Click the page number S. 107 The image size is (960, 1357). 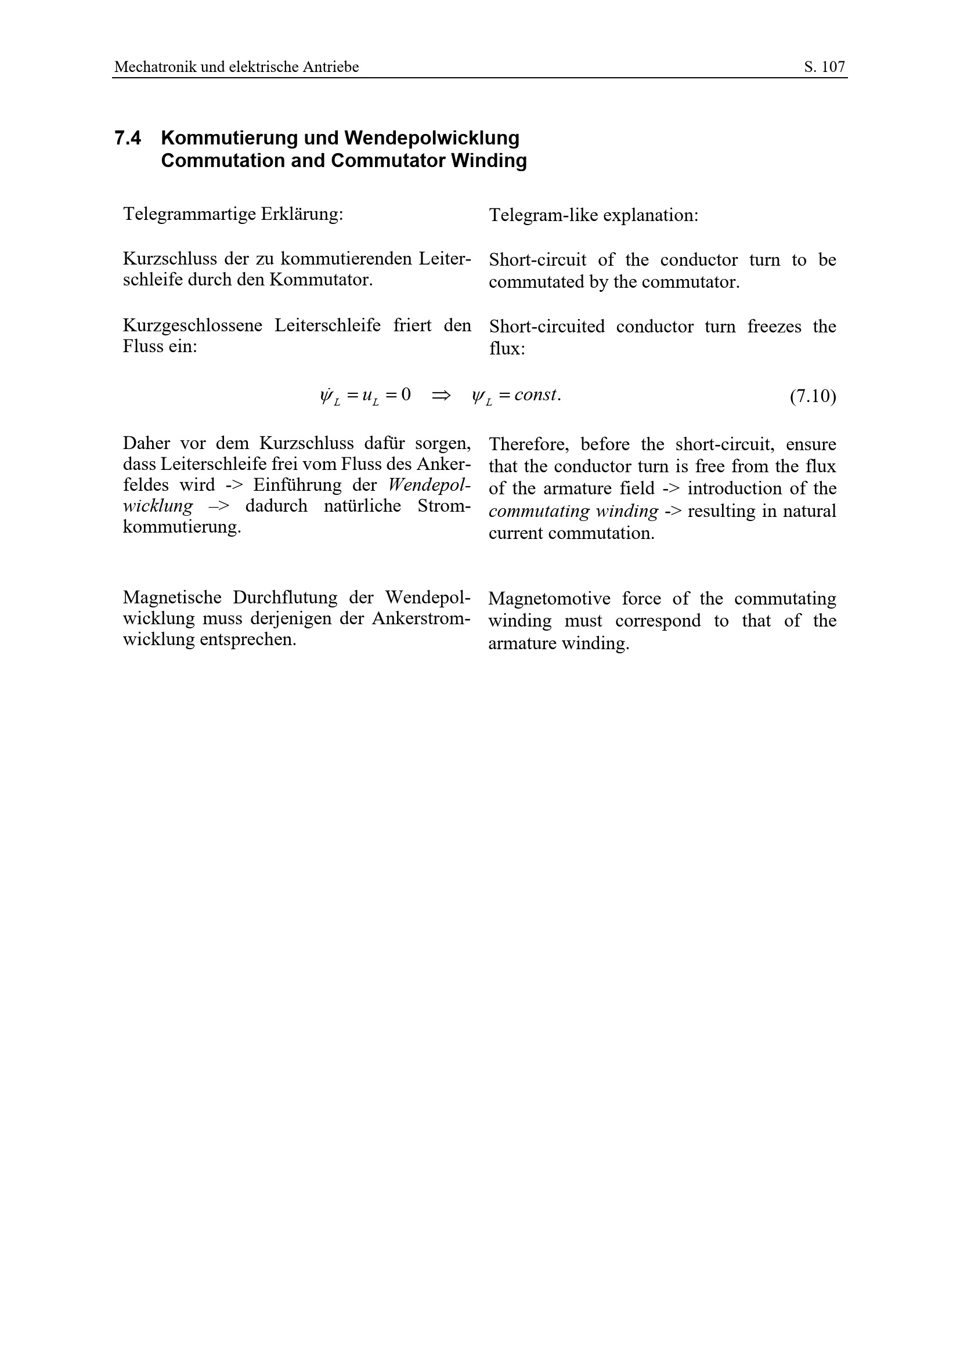click(824, 67)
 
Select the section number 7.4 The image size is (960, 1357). click(128, 138)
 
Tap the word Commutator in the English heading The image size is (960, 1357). click(389, 161)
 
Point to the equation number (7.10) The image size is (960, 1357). click(813, 396)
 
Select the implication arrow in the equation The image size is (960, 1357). click(441, 395)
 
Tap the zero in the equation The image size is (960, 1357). click(406, 394)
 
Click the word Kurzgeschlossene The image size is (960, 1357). click(192, 325)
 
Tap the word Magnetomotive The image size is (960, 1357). click(549, 599)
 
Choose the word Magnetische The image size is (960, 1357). click(172, 598)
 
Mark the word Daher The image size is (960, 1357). click(146, 443)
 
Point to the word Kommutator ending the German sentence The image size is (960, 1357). click(321, 280)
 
